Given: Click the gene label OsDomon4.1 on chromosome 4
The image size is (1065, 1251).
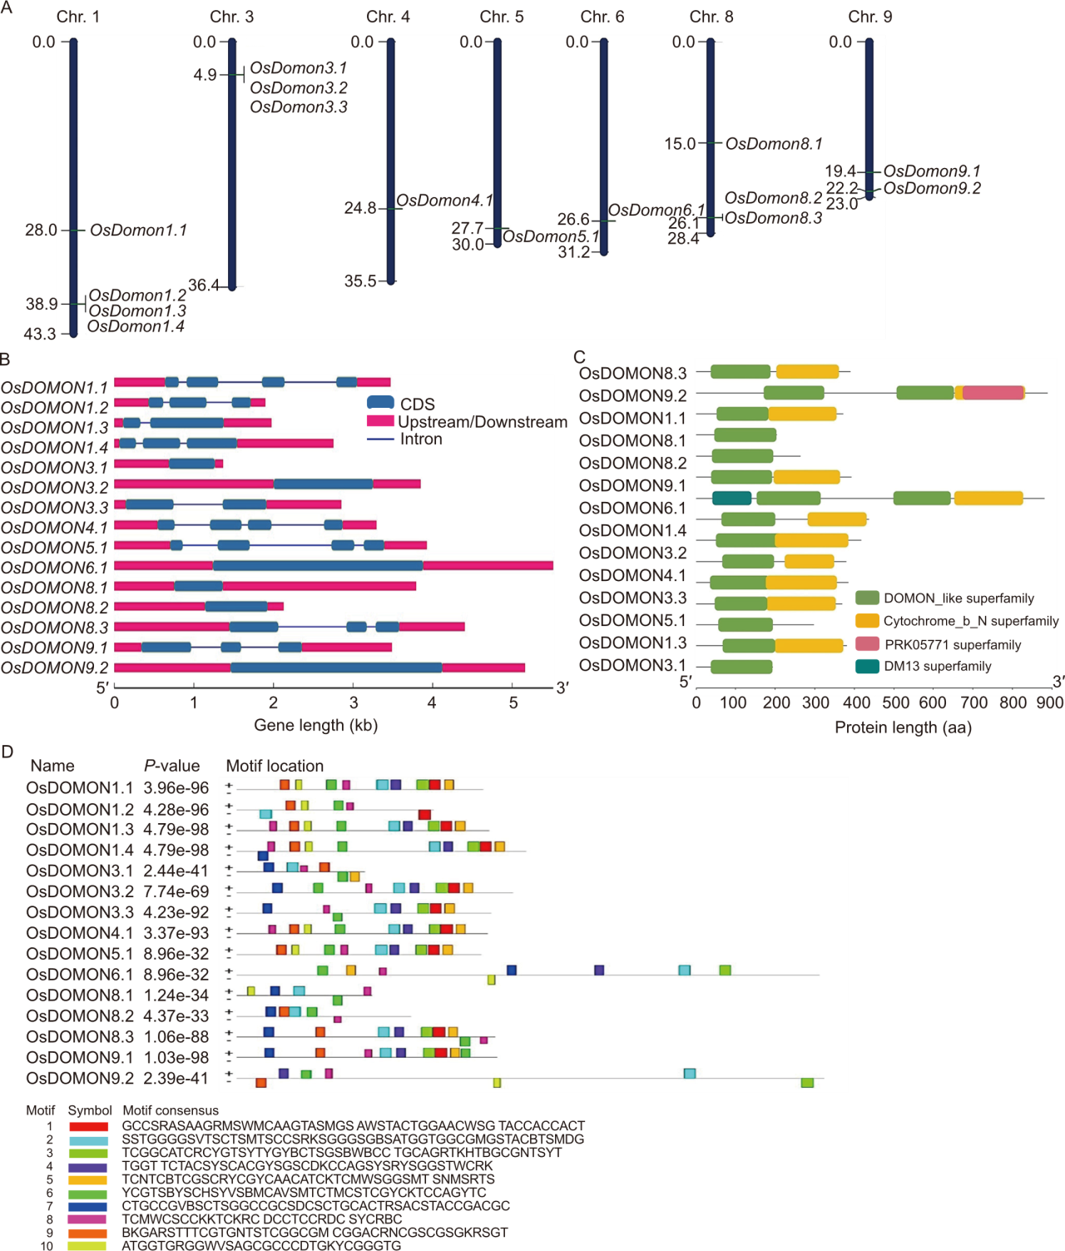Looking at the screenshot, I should pos(444,201).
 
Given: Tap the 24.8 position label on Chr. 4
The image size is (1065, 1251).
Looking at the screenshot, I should pos(360,208).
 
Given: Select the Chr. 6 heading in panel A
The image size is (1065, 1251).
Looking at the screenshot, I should pos(602,17).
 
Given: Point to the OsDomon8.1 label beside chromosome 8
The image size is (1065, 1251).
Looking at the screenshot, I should pos(774,144).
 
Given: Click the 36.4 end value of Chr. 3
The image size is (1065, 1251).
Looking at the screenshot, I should pos(204,285).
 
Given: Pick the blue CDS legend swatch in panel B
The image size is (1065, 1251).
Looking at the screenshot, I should pos(380,403).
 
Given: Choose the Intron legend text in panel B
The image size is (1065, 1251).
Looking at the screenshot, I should pos(421,439).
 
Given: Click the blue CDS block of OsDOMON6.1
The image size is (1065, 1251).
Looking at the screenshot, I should pos(317,566).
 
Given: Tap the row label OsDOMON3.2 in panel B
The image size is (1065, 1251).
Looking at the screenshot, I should pos(55,488).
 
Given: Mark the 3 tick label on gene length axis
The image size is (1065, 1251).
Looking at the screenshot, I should pos(354,702).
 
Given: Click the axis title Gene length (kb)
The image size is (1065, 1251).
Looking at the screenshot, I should pos(315,725).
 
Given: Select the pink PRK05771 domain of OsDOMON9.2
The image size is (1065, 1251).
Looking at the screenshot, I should pos(993,393).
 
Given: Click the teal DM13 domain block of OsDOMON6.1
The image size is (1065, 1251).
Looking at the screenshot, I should pos(731,498).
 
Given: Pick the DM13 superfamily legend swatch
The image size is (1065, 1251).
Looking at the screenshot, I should pos(867,666).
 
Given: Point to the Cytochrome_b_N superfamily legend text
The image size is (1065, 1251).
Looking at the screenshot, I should pos(970,621).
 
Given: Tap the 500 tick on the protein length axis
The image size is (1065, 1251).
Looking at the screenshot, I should pos(895,703).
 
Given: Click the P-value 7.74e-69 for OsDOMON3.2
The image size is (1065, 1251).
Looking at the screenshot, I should pos(176,891).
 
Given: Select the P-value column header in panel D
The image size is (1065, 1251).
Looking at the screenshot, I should pos(171,766).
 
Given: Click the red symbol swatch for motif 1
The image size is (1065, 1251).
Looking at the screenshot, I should pos(88,1126).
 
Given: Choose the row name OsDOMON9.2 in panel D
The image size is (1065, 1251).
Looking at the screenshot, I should pos(79,1079).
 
